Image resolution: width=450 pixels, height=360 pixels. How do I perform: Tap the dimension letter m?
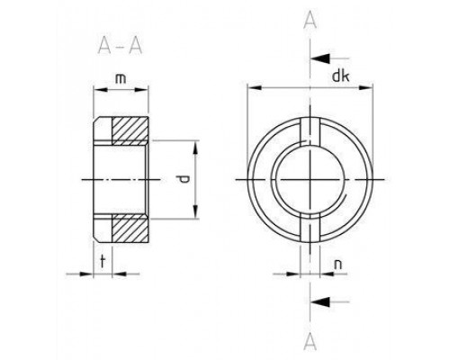coord(119,82)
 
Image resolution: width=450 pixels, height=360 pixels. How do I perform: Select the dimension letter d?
coord(184,179)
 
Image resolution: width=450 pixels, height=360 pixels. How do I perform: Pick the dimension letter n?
coord(337,265)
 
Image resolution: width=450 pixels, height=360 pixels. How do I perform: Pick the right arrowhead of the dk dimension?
coord(369,88)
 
